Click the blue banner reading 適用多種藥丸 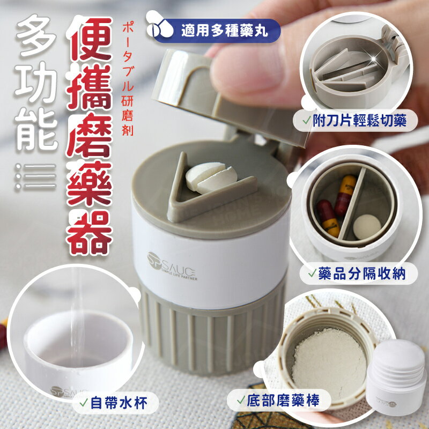coord(216,31)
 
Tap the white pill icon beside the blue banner coord(159,24)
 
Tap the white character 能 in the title coord(36,129)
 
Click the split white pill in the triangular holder coord(211,178)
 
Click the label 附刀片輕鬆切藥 coord(355,120)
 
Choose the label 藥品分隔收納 coord(358,273)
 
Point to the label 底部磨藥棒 coord(279,401)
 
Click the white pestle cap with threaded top coord(397,375)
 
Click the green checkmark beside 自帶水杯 coord(84,403)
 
